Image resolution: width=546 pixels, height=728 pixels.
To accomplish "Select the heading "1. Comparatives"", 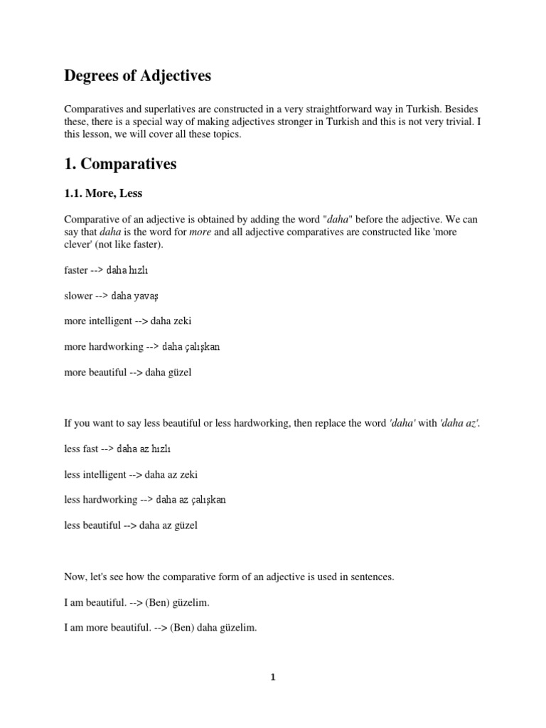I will [x=120, y=164].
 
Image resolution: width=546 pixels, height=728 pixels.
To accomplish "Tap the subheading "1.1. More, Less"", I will [x=103, y=193].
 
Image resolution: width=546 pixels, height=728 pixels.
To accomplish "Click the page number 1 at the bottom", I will [x=272, y=677].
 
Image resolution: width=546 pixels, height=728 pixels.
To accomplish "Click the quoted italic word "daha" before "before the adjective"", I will [x=338, y=219].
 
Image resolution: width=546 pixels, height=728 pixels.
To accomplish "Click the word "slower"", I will [x=78, y=296].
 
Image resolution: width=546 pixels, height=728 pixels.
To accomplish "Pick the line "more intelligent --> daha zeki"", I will [x=127, y=321].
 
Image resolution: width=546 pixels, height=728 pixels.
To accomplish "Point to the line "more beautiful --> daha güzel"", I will [x=127, y=373].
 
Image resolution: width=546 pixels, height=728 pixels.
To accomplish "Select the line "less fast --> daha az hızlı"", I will [x=117, y=449].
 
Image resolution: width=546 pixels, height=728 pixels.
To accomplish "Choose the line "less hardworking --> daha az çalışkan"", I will [x=144, y=500].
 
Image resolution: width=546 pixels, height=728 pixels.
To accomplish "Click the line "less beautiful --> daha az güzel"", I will [x=130, y=525].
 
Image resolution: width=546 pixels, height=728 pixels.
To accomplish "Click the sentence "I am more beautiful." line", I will [x=160, y=628].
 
